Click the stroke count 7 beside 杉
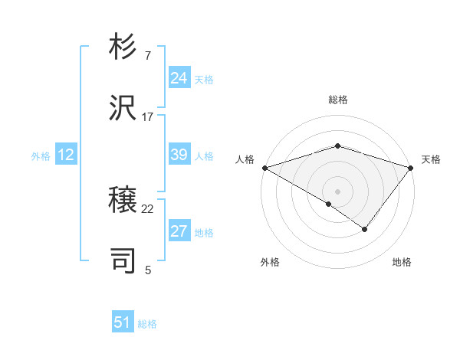148,57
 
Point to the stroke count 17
148,116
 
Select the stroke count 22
148,209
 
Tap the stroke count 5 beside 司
148,269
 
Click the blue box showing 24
179,78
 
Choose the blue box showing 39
179,155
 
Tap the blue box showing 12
65,155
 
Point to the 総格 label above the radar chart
337,100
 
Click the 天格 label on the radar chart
431,159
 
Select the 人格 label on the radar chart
245,159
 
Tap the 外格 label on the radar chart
270,262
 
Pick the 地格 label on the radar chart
402,262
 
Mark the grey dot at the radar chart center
337,191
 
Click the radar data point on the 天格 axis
411,167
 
